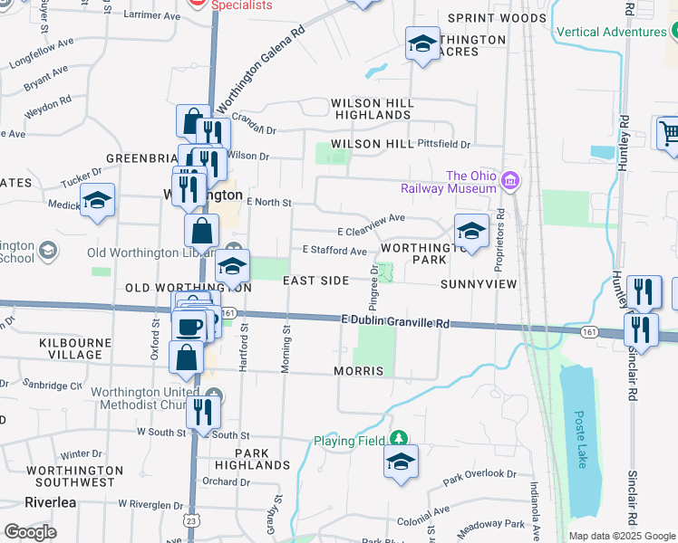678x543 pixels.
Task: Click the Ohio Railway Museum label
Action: (450, 182)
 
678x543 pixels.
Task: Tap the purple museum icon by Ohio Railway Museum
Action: (510, 182)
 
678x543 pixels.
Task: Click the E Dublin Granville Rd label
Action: (395, 321)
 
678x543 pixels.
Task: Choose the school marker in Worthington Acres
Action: (421, 43)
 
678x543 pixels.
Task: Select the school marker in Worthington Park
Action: (471, 232)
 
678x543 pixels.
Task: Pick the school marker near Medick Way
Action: (97, 201)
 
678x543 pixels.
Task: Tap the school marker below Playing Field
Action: (401, 462)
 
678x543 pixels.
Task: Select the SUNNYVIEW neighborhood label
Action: (478, 284)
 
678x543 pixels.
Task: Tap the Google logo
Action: (30, 531)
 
